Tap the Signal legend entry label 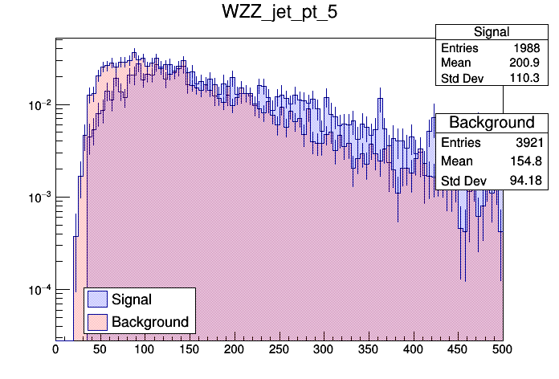pyautogui.click(x=132, y=300)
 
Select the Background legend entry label pyautogui.click(x=150, y=322)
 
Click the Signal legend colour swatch pyautogui.click(x=98, y=300)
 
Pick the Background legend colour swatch pyautogui.click(x=98, y=322)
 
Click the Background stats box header pyautogui.click(x=492, y=122)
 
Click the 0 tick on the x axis pyautogui.click(x=55, y=350)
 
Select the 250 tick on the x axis pyautogui.click(x=279, y=350)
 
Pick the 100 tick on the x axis pyautogui.click(x=145, y=350)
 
